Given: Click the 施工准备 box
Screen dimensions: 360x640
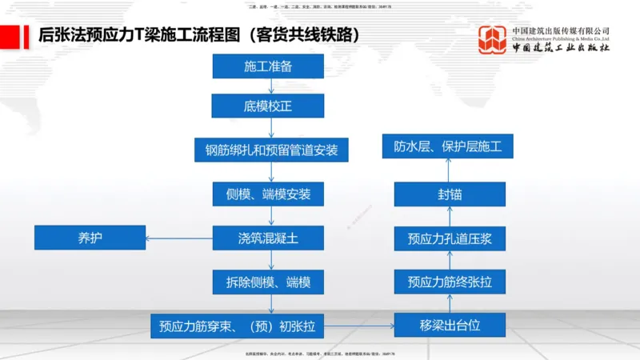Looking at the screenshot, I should click(x=267, y=66).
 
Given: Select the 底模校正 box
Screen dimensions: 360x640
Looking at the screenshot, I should click(x=267, y=106).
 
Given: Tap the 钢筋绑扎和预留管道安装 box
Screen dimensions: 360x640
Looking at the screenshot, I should click(x=271, y=150).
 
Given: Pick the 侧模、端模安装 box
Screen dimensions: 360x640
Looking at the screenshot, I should click(x=267, y=194).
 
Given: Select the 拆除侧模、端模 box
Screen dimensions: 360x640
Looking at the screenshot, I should click(x=267, y=282).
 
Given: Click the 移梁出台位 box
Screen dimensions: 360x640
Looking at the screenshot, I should click(x=450, y=326).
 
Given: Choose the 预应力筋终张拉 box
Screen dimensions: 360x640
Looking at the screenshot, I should click(x=450, y=282).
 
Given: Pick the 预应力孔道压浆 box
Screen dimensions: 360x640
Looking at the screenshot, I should click(x=450, y=238).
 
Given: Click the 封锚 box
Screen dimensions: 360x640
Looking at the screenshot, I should click(x=450, y=194).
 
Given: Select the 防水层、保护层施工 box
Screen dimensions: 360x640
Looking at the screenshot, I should click(x=448, y=146).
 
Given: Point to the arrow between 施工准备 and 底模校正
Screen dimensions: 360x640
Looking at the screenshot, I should click(x=272, y=86).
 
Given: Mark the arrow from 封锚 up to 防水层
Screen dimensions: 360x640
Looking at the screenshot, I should click(x=450, y=170).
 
